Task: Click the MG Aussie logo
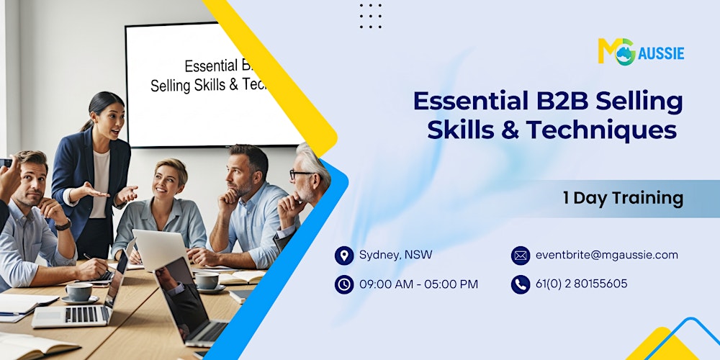coord(640,52)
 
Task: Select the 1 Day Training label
coord(622,198)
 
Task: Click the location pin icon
coord(344,256)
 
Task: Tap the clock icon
coord(344,284)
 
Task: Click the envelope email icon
coord(521,256)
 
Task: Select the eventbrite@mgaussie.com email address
coord(607,255)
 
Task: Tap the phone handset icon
coord(521,284)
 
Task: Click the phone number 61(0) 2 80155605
coord(581,284)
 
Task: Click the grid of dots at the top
coord(370,16)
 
